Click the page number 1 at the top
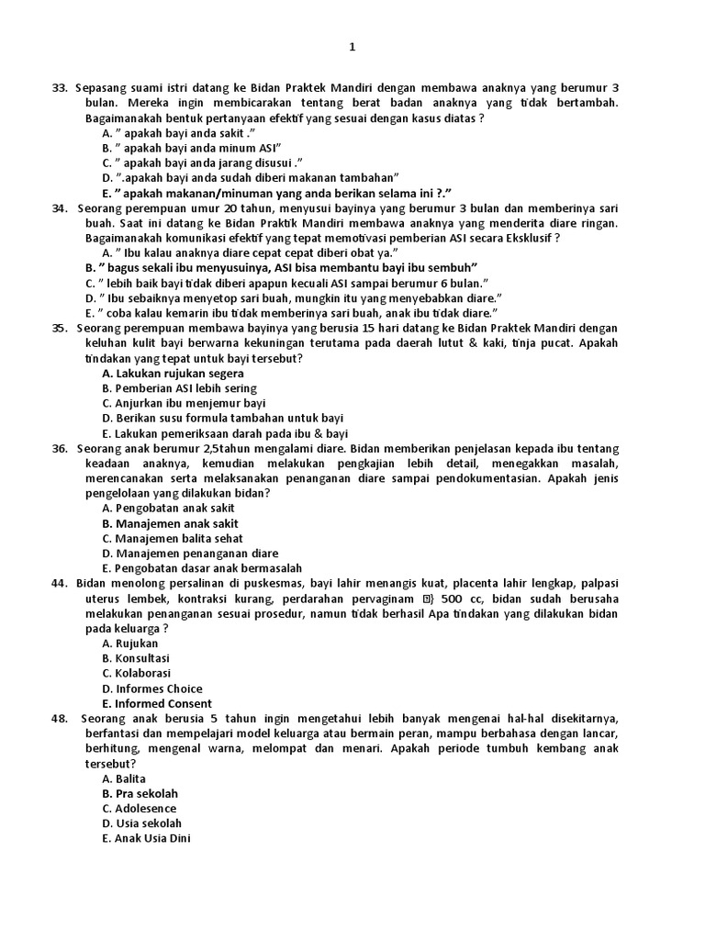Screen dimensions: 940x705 (352, 47)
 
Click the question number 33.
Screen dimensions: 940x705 (61, 87)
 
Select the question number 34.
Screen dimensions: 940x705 (61, 208)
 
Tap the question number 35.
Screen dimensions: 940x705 (61, 328)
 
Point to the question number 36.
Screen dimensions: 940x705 (61, 448)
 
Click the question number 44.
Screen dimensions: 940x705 (61, 583)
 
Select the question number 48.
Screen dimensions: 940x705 (61, 718)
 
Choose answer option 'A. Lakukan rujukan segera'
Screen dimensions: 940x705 (173, 374)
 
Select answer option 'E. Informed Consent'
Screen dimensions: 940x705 (157, 704)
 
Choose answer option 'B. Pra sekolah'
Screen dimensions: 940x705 (140, 793)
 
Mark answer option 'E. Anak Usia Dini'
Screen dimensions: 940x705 (147, 838)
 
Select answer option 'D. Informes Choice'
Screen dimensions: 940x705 (152, 688)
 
